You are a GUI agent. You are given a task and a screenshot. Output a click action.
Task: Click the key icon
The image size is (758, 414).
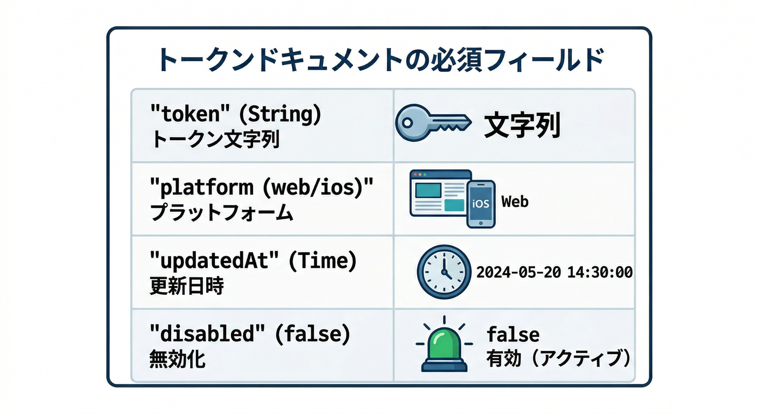point(430,123)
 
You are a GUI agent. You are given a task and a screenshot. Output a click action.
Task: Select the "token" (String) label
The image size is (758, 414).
point(235,114)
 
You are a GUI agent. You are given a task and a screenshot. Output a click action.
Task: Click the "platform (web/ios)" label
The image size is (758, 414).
point(261,187)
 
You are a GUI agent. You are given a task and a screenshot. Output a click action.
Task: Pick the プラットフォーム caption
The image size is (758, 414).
point(221,213)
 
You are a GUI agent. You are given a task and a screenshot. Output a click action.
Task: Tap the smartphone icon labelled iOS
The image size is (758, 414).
point(480,204)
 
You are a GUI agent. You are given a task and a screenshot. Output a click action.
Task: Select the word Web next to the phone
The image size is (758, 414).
point(515,202)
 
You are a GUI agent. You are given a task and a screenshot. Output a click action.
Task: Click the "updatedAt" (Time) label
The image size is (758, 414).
point(252,261)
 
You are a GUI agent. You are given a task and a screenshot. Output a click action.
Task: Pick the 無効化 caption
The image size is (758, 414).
point(177,359)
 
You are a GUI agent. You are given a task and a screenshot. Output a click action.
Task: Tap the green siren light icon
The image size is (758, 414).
point(444,347)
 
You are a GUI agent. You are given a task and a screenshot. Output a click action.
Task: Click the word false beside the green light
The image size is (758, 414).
point(513,334)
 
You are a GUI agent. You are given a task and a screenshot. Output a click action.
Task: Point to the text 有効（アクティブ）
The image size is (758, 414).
point(558,358)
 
